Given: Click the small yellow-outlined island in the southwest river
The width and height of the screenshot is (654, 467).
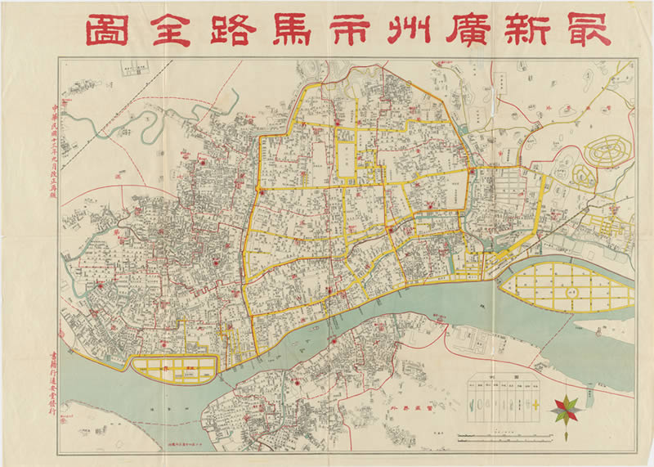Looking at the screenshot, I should [176, 370].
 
